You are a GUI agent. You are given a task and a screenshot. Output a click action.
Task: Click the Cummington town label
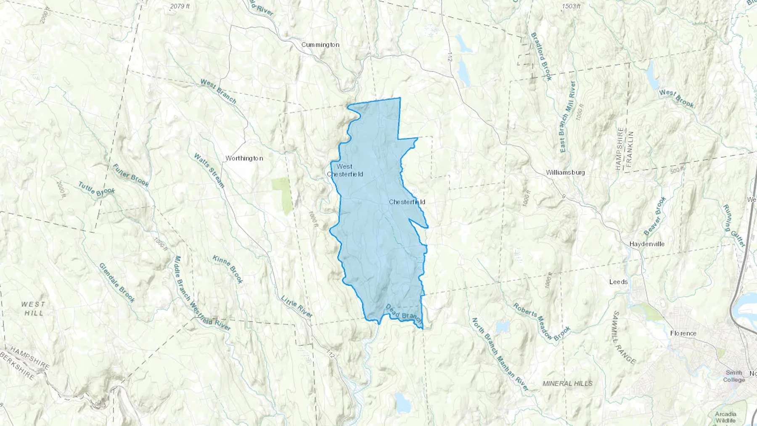(x=320, y=45)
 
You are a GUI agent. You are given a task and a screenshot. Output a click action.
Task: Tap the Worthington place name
(x=244, y=158)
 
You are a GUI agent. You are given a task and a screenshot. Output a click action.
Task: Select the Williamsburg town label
(x=565, y=172)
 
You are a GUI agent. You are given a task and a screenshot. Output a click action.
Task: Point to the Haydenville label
(x=647, y=244)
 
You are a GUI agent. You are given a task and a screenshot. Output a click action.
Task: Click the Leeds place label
(x=618, y=282)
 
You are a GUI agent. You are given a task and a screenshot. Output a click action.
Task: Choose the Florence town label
(x=683, y=333)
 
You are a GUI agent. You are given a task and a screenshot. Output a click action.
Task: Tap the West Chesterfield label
(x=345, y=170)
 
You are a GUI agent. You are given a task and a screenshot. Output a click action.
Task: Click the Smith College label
(x=734, y=376)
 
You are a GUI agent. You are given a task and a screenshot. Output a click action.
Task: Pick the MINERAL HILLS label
(x=567, y=383)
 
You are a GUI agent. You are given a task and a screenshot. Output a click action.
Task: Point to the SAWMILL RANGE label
(x=624, y=337)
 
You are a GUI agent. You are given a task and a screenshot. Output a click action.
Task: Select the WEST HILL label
(x=34, y=308)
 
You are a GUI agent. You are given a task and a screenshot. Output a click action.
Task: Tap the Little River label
(x=297, y=306)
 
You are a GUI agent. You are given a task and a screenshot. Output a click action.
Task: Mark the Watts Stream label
(x=209, y=170)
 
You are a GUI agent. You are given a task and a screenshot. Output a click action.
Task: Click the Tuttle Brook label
(x=96, y=189)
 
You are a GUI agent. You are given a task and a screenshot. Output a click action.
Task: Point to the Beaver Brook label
(x=655, y=216)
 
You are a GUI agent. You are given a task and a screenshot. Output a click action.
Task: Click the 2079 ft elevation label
(x=180, y=6)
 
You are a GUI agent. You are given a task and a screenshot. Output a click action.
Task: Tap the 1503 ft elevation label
(x=571, y=6)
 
